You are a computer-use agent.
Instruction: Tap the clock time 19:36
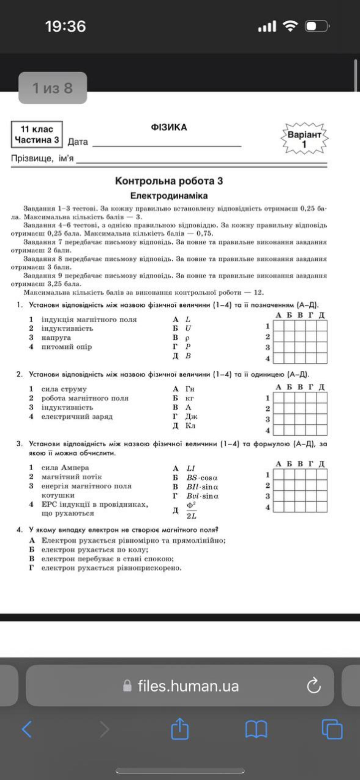[66, 26]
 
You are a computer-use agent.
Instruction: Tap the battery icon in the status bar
[316, 26]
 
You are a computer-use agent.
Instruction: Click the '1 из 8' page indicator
[53, 88]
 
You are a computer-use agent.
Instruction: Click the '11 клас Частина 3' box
[37, 135]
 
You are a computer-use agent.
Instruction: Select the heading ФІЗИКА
[169, 127]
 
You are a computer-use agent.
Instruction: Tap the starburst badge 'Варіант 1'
[304, 139]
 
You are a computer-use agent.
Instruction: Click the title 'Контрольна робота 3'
[169, 181]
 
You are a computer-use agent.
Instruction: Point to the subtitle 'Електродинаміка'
[169, 196]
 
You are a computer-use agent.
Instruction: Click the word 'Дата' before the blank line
[78, 142]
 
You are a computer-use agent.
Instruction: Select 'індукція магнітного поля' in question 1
[89, 320]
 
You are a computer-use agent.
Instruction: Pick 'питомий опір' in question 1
[67, 347]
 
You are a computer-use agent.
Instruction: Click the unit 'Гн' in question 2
[190, 389]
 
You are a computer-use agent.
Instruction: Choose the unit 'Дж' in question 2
[191, 416]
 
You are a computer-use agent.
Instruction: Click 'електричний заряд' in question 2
[77, 416]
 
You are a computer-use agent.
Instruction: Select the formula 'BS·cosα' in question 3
[202, 478]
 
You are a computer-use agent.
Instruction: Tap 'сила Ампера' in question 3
[65, 468]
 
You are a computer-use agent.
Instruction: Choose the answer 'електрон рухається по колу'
[95, 550]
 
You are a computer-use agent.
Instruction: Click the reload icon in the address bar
[314, 686]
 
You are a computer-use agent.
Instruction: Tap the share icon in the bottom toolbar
[180, 729]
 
